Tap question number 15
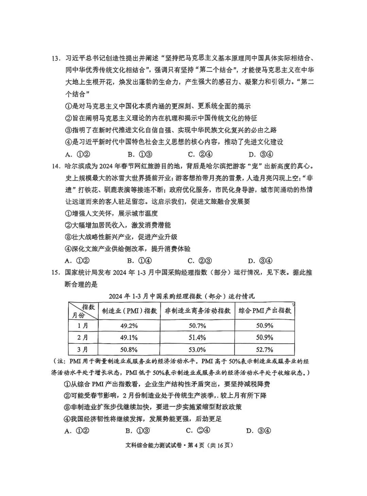55,272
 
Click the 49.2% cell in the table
129,326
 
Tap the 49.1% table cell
129,337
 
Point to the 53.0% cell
197,349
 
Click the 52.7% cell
265,349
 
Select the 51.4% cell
197,337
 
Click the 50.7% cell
197,326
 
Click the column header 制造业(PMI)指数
129,311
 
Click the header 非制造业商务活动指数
197,311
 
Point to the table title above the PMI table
181,296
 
